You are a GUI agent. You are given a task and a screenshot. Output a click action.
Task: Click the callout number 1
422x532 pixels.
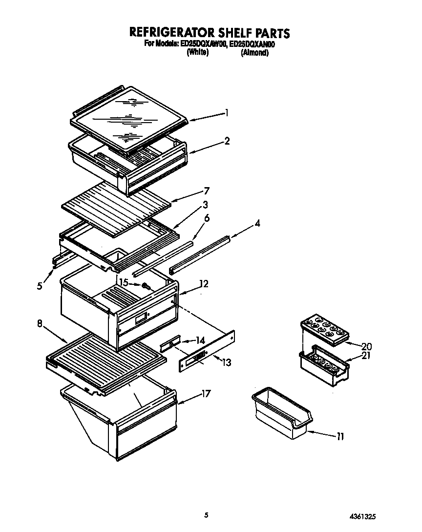227,113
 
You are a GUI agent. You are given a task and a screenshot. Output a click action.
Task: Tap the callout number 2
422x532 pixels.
227,141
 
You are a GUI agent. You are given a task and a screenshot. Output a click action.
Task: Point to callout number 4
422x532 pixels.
257,224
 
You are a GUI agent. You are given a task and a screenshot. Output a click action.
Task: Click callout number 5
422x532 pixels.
40,286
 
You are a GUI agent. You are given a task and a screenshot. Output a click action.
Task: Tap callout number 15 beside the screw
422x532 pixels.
124,282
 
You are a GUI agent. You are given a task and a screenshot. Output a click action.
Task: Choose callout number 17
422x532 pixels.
206,394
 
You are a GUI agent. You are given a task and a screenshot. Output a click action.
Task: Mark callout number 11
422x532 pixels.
340,437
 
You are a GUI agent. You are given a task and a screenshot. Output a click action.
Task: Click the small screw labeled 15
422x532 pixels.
145,286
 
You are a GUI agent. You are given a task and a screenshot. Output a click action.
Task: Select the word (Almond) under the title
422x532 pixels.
254,53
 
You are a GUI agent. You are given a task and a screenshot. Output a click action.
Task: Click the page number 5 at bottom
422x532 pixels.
207,515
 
